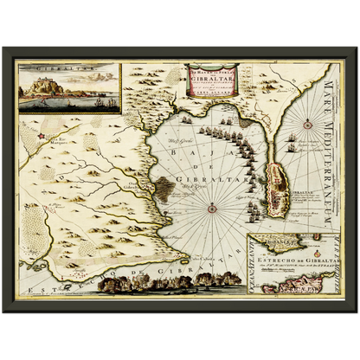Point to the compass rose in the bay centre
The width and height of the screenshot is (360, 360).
[x=211, y=206]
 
